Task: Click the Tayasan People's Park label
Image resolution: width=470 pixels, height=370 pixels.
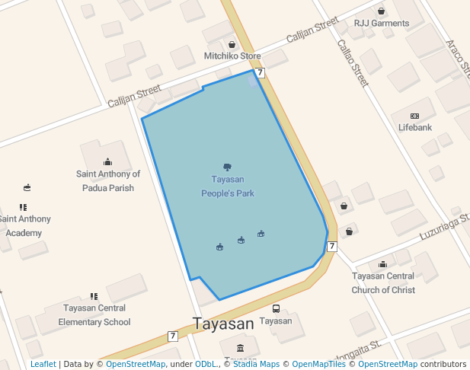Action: point(227,187)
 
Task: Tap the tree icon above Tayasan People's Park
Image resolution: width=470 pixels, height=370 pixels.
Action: point(227,167)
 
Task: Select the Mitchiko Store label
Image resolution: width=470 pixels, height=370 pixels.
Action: point(232,56)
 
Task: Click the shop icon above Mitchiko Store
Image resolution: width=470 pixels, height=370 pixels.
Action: point(232,44)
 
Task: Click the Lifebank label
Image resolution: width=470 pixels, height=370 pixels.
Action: point(414,127)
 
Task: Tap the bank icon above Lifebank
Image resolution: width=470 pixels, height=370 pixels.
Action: point(414,115)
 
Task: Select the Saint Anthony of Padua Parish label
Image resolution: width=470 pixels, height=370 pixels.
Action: point(108,180)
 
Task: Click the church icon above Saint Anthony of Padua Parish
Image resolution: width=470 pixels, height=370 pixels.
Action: point(107,161)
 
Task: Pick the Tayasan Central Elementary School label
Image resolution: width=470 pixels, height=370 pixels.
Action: point(94,315)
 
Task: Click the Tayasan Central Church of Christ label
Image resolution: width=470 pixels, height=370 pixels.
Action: point(383,282)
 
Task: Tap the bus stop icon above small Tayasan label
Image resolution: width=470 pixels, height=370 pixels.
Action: point(276,309)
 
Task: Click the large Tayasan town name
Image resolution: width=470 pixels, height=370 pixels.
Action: point(223,324)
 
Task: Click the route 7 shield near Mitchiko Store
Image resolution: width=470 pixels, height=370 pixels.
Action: point(261,72)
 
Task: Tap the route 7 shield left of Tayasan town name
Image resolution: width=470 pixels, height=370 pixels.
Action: point(173,336)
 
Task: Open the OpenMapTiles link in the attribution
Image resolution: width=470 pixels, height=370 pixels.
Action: point(318,365)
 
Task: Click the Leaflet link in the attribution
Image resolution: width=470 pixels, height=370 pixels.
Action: point(43,365)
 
